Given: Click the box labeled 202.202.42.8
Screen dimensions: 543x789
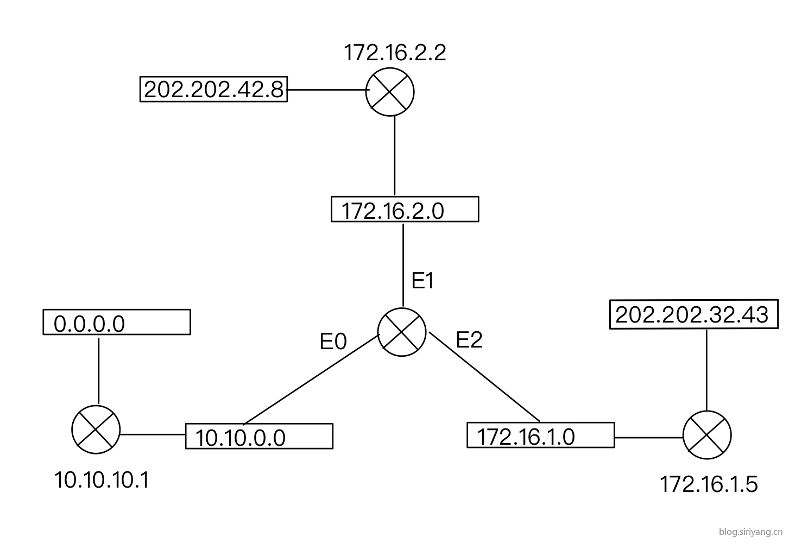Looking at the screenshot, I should [x=213, y=89].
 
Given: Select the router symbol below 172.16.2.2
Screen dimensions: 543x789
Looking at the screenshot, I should [x=390, y=92].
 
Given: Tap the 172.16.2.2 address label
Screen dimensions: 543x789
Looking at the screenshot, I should [x=395, y=53].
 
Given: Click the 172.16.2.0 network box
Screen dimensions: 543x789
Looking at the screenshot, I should [x=405, y=210].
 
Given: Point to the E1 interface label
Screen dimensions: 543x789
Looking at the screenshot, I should [x=422, y=281].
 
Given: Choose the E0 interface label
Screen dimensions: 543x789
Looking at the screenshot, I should [x=333, y=342].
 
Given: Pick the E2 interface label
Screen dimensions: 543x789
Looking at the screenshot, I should [x=469, y=340].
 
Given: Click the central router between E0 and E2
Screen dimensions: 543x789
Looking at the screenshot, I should [x=402, y=332].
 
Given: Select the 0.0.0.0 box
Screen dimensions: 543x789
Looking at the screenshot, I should [x=116, y=323].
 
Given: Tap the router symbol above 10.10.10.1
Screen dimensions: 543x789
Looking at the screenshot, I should [x=96, y=429].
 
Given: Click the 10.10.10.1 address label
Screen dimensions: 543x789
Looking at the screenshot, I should [x=102, y=480].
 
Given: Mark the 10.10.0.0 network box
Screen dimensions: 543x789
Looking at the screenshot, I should [x=259, y=436].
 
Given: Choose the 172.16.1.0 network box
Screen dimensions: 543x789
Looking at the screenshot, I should [x=540, y=435].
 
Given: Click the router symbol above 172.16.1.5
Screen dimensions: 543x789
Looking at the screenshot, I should [x=707, y=434].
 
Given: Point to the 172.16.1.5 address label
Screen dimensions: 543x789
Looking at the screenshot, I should [x=708, y=484].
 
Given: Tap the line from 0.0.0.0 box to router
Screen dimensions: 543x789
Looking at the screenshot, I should [x=99, y=369].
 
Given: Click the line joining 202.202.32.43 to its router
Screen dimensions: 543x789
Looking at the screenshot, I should [x=706, y=369].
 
